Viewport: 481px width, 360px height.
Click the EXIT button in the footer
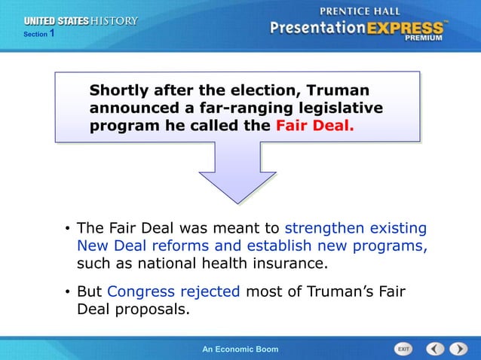coord(404,349)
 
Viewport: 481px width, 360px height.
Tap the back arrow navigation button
coord(435,349)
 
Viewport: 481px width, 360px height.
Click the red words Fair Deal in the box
coord(314,126)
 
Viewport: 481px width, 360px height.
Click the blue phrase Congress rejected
coord(173,292)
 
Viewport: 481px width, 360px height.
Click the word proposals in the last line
coord(150,310)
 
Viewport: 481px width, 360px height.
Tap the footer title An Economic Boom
coord(240,349)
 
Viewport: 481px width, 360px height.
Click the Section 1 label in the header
coord(38,35)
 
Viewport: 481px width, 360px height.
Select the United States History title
coord(81,21)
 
